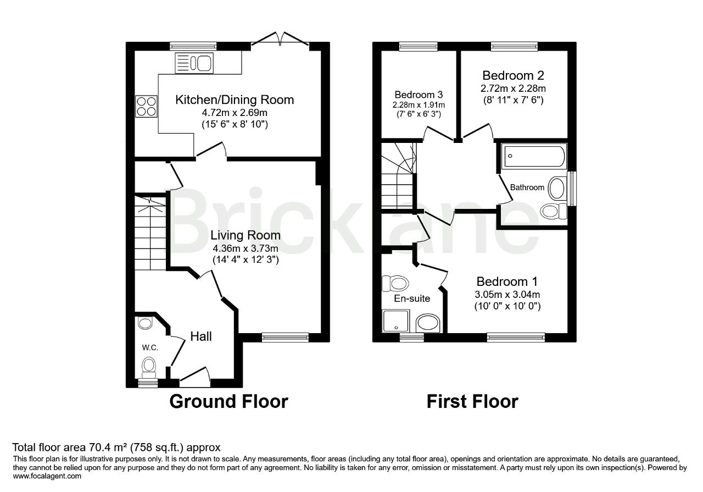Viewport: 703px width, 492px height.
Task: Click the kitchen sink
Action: pos(194,63)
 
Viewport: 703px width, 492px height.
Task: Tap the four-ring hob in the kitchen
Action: pos(146,107)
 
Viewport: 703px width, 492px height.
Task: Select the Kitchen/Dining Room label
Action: pos(235,99)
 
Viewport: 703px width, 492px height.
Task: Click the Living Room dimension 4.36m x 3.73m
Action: pos(246,248)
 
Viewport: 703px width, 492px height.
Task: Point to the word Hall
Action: pos(201,336)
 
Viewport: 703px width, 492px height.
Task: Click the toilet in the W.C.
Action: pos(149,368)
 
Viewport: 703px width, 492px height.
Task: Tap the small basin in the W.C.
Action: pos(145,323)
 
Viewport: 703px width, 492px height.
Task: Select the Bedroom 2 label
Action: pos(513,75)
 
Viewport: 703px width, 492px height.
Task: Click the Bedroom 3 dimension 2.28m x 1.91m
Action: pos(419,105)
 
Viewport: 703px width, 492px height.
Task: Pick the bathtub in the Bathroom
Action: pos(534,156)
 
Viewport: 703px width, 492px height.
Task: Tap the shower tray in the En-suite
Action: pos(396,321)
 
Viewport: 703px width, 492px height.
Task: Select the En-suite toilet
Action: pos(395,284)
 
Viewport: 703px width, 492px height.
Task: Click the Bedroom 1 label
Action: pos(507,281)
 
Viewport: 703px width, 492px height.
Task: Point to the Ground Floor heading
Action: pos(229,401)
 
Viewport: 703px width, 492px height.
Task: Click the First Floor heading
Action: pos(472,401)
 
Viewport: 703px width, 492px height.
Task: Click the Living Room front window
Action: pos(285,338)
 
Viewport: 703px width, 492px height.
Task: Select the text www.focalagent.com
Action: pos(47,476)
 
